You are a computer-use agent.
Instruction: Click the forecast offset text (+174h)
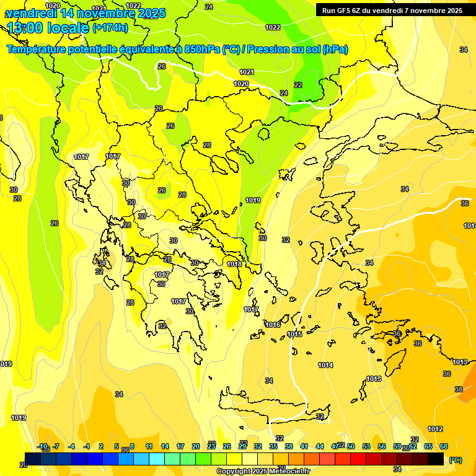pyautogui.click(x=110, y=27)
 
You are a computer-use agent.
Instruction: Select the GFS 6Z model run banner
pyautogui.click(x=392, y=10)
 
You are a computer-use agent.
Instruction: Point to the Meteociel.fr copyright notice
pyautogui.click(x=263, y=471)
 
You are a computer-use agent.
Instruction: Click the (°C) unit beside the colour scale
pyautogui.click(x=455, y=459)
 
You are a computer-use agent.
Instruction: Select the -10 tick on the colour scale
pyautogui.click(x=42, y=446)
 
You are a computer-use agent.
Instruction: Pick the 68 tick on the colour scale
pyautogui.click(x=444, y=446)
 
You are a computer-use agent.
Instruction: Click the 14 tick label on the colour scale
pyautogui.click(x=165, y=446)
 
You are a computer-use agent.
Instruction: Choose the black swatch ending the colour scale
pyautogui.click(x=436, y=459)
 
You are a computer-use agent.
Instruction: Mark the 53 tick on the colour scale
pyautogui.click(x=366, y=446)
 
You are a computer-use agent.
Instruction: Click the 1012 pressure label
pyautogui.click(x=435, y=429)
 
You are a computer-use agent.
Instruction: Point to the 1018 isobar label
pyautogui.click(x=234, y=264)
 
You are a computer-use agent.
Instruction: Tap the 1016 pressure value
pyautogui.click(x=273, y=325)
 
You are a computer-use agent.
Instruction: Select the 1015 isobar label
pyautogui.click(x=295, y=334)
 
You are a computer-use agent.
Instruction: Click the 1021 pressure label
pyautogui.click(x=247, y=72)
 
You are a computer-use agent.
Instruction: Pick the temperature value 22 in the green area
pyautogui.click(x=298, y=85)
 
